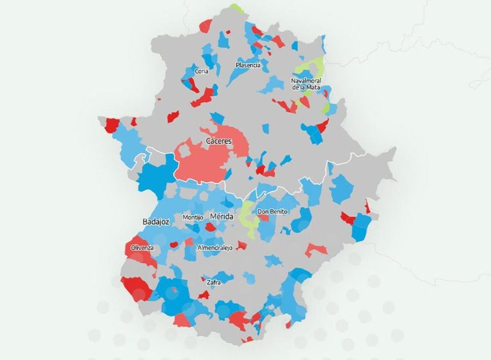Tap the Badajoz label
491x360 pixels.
point(155,222)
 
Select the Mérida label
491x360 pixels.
point(222,217)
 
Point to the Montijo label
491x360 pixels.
point(193,218)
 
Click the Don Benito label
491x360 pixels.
point(272,212)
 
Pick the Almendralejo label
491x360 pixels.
point(214,249)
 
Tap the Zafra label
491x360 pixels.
point(212,282)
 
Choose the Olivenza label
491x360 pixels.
point(142,248)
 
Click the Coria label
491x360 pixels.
point(202,71)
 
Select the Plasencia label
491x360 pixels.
point(248,65)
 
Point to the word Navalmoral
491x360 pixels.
point(306,81)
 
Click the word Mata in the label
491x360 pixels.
point(313,87)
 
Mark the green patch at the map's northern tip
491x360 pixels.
point(236,8)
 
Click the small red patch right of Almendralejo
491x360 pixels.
point(242,246)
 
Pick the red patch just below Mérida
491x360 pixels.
point(211,227)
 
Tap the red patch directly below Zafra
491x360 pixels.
point(204,295)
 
